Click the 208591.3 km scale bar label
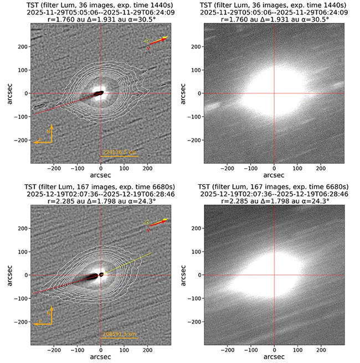[119, 334]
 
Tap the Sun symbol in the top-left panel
[147, 41]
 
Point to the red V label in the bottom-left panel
[148, 230]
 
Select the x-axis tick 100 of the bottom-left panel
[124, 349]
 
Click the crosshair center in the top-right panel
[274, 94]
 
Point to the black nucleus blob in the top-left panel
[99, 94]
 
